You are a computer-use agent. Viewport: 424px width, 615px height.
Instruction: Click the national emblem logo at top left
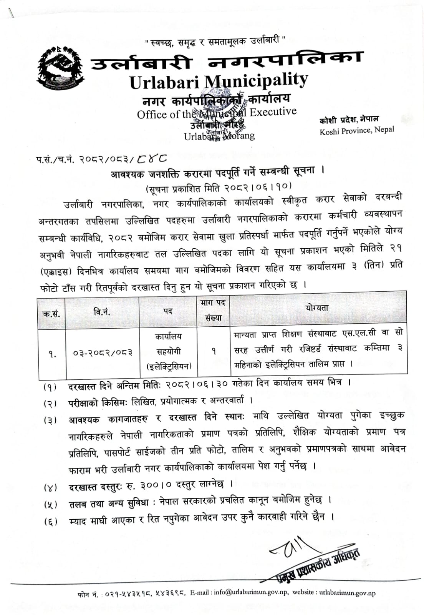tap(60, 68)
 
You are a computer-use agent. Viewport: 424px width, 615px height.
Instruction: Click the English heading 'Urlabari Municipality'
tap(219, 81)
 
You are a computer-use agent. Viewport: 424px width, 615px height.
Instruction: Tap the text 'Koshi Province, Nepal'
tap(356, 131)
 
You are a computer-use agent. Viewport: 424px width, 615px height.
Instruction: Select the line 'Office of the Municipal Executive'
tap(217, 113)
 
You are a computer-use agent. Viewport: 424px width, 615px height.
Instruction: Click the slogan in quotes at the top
tap(215, 41)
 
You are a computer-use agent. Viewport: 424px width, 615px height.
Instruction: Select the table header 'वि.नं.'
tap(102, 312)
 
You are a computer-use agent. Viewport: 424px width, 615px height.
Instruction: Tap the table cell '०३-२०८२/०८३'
tap(103, 352)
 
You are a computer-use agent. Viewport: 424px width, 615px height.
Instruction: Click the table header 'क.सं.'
tap(51, 314)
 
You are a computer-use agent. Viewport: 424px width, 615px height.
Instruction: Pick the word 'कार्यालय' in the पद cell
tap(168, 336)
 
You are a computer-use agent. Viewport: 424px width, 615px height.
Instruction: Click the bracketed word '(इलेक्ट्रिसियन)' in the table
tap(169, 366)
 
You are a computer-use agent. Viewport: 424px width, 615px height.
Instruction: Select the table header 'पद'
tap(168, 311)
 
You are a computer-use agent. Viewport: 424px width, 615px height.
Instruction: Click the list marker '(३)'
tap(50, 420)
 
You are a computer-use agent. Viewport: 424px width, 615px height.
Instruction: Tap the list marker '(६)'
tap(50, 522)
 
